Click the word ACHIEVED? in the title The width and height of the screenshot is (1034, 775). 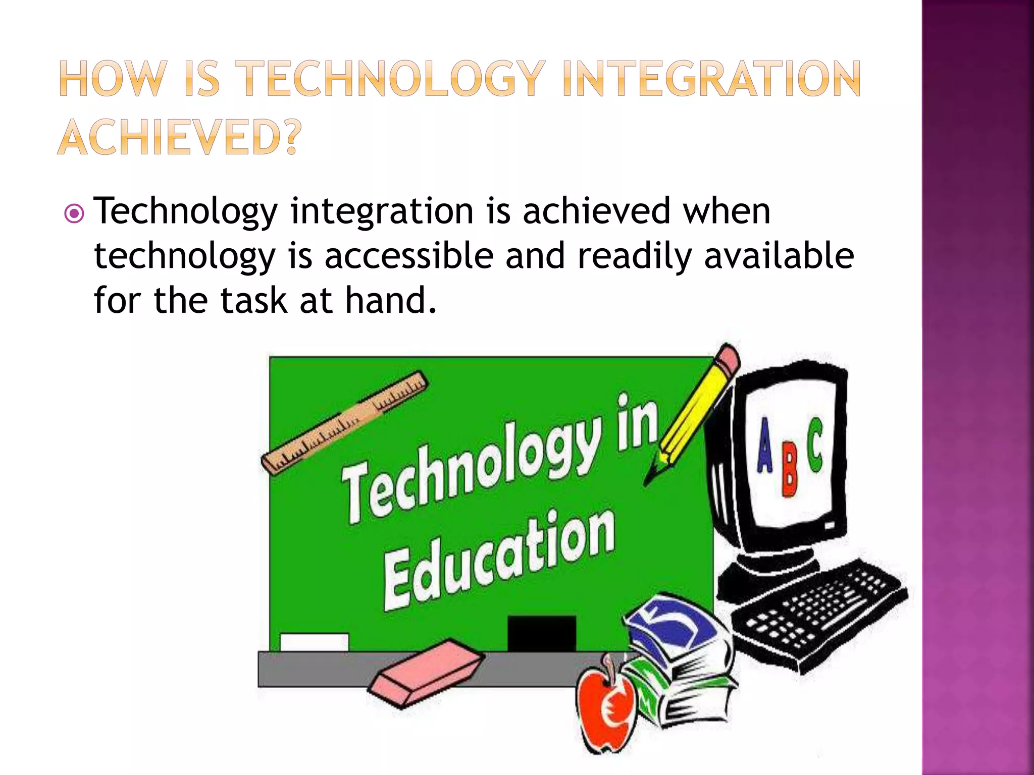coord(179,136)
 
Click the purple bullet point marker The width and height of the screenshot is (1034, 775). coord(74,214)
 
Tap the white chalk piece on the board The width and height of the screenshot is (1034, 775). coord(314,642)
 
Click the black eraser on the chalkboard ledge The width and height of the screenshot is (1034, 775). coord(541,633)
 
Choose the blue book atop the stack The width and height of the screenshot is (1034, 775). coord(671,626)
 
